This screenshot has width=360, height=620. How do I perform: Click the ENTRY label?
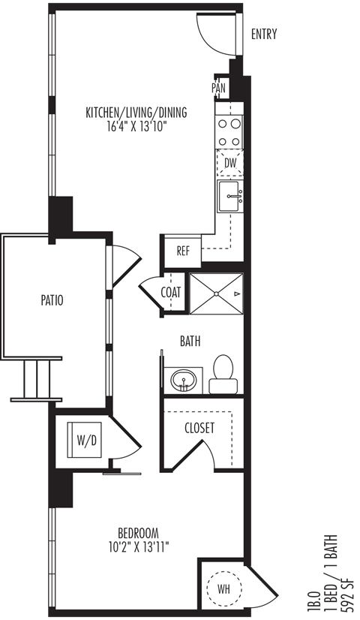pos(264,35)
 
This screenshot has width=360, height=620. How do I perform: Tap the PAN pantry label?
pos(218,88)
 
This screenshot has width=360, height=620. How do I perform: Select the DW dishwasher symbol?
pos(230,163)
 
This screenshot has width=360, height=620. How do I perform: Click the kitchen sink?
pos(230,197)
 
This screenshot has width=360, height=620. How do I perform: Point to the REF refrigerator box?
pos(183,251)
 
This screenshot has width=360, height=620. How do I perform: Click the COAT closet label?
pos(171,293)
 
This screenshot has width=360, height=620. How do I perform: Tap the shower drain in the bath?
pos(216,293)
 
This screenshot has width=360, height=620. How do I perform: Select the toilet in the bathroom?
pos(223,374)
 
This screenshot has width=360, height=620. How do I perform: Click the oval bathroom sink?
pos(183,381)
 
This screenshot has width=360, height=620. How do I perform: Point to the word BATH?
pos(190,342)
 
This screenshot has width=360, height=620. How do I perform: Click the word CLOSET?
pos(199,428)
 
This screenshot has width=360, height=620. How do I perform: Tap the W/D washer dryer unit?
pos(84,440)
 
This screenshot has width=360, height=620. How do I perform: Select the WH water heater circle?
pos(223,589)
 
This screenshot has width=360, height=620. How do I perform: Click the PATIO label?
pos(52,300)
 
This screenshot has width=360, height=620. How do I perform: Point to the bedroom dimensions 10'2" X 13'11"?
pos(139,547)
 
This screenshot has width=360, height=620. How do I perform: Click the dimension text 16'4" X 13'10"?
pos(136,127)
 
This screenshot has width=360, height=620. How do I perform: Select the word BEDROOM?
pos(139,532)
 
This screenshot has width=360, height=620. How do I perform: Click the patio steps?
pos(37,380)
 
